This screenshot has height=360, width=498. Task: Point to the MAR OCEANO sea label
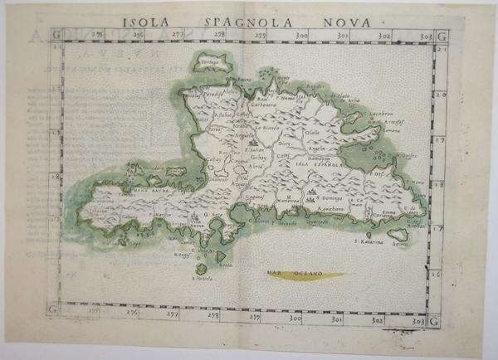[x=288, y=271]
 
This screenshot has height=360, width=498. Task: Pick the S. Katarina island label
[x=369, y=242]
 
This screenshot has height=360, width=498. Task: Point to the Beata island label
[x=224, y=265]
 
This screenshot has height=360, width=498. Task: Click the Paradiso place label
[x=212, y=94]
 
